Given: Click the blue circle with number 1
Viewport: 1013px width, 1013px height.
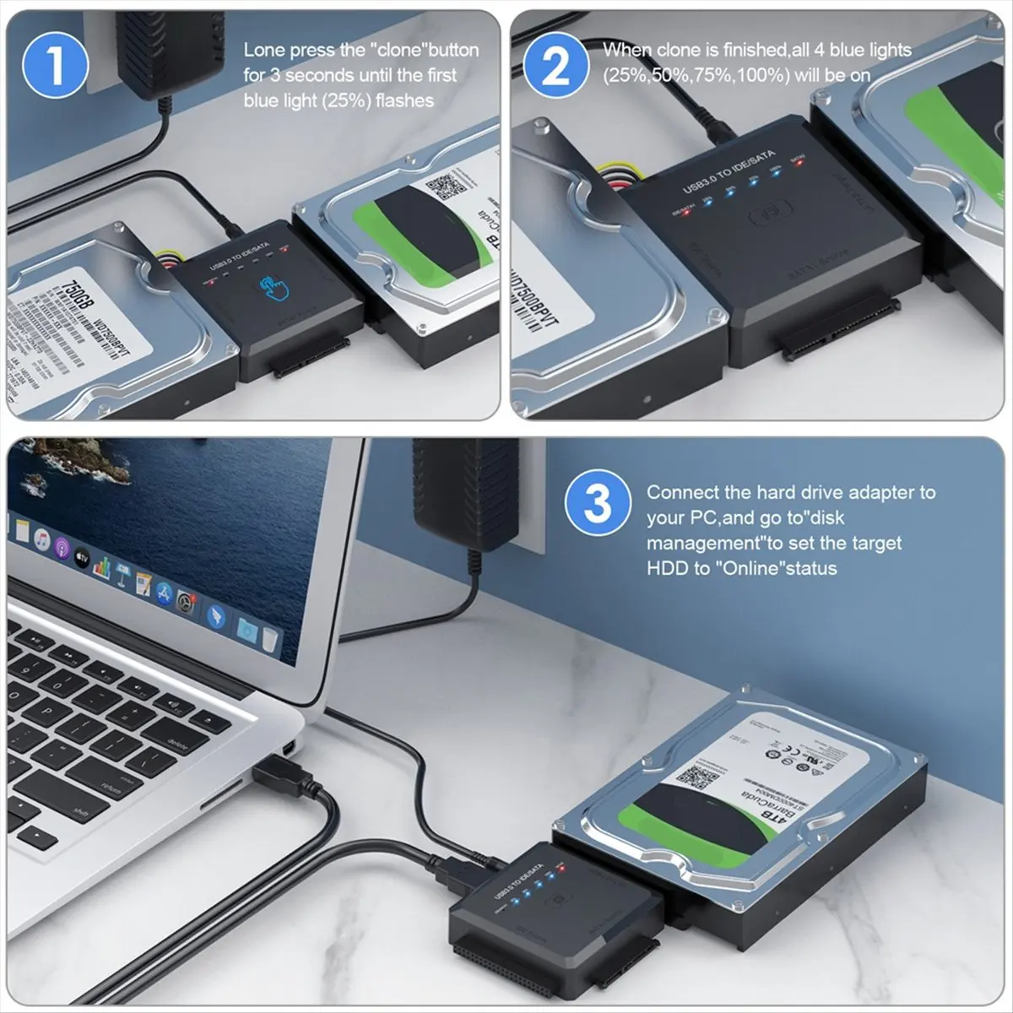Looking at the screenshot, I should pos(55,64).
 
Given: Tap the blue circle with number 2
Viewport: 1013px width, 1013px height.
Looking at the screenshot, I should pos(555,64).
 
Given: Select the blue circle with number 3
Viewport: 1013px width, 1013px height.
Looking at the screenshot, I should pos(597,504).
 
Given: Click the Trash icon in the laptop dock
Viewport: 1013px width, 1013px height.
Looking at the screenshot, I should pos(268,639).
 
